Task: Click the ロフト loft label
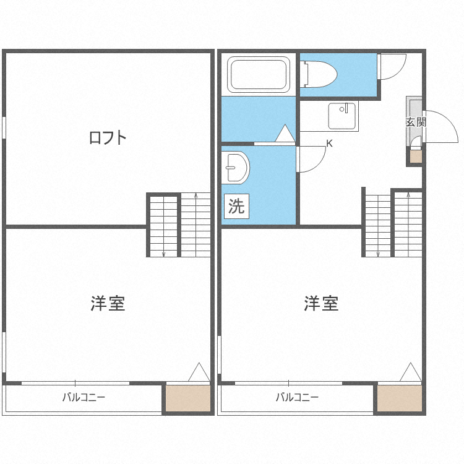click(108, 137)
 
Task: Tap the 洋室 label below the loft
click(108, 303)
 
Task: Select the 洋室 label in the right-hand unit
click(321, 303)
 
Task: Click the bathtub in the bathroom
click(259, 74)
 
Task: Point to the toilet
click(319, 74)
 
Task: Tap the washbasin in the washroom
click(236, 168)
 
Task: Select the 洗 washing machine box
click(236, 206)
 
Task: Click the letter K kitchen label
click(329, 144)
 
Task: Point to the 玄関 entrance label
click(416, 122)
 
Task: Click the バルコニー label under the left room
click(84, 397)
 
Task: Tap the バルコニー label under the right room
click(297, 397)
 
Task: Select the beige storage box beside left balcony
click(188, 398)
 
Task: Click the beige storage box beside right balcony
click(400, 398)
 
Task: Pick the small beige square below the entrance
click(416, 157)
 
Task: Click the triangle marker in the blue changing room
click(285, 133)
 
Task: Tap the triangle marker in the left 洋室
click(199, 372)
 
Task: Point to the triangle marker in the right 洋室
click(410, 372)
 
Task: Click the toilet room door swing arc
click(398, 73)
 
